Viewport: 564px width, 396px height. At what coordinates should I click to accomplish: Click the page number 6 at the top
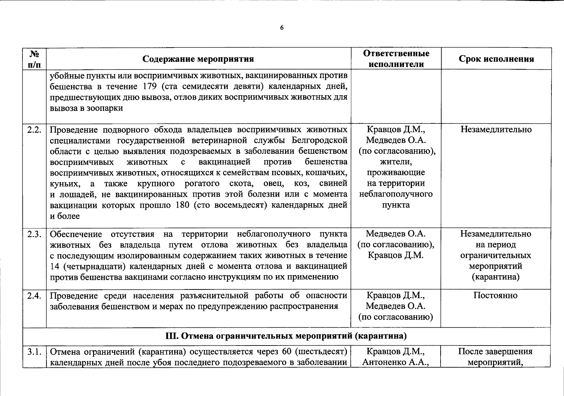[x=282, y=28]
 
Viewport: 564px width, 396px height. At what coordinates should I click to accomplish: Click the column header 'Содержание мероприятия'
[x=198, y=59]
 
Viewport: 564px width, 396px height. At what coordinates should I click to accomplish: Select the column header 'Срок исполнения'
[x=496, y=59]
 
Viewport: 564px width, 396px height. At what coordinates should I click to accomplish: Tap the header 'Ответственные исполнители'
[x=396, y=59]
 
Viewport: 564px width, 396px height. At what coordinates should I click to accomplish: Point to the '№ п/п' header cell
[x=35, y=59]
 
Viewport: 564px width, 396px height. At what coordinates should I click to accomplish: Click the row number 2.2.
[x=35, y=130]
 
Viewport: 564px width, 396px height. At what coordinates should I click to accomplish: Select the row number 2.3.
[x=35, y=234]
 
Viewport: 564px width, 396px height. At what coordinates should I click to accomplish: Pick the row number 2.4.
[x=35, y=296]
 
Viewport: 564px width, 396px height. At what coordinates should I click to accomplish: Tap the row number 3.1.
[x=35, y=352]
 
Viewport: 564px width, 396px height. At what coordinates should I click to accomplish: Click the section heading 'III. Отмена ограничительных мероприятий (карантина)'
[x=286, y=336]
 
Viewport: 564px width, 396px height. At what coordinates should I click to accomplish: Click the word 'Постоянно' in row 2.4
[x=495, y=295]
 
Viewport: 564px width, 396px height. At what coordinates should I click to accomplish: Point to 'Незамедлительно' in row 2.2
[x=496, y=129]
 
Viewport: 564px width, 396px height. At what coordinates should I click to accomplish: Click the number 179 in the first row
[x=150, y=86]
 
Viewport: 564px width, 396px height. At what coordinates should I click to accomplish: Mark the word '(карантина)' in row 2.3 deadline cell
[x=495, y=277]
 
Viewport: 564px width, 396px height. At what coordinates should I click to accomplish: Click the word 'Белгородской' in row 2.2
[x=319, y=141]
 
